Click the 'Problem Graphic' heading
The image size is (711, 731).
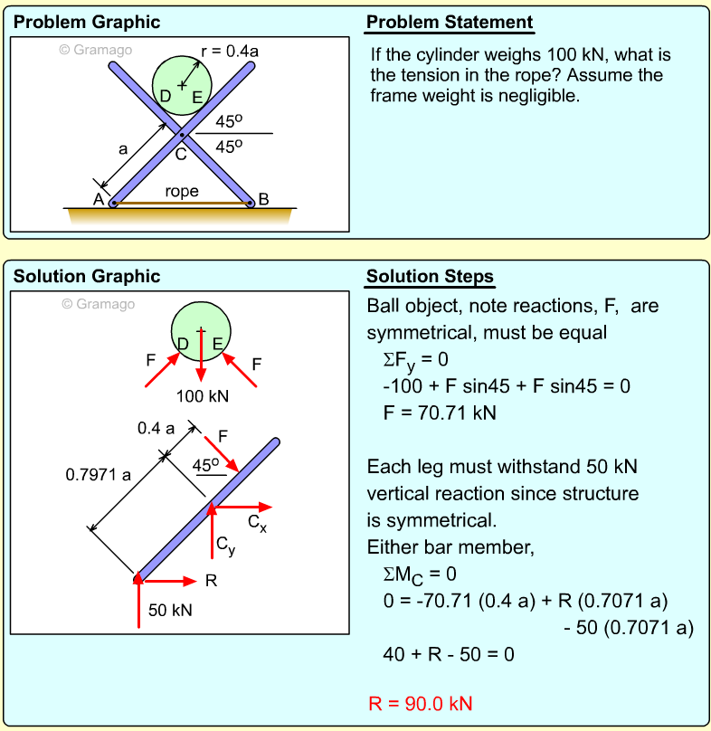pyautogui.click(x=87, y=23)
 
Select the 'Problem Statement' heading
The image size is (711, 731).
pyautogui.click(x=450, y=23)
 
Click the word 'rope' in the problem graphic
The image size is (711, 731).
pyautogui.click(x=182, y=192)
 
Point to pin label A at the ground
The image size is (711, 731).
pyautogui.click(x=99, y=199)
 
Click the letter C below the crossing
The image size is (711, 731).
pyautogui.click(x=181, y=154)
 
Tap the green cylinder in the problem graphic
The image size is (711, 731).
pyautogui.click(x=182, y=72)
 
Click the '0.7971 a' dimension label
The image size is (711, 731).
pyautogui.click(x=99, y=473)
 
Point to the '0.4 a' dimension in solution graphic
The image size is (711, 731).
pyautogui.click(x=156, y=428)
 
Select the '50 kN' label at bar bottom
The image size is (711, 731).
pyautogui.click(x=170, y=610)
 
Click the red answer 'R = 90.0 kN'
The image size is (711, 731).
pyautogui.click(x=421, y=704)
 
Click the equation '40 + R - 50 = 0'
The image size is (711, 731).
pyautogui.click(x=449, y=654)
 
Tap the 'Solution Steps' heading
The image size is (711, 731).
pyautogui.click(x=430, y=276)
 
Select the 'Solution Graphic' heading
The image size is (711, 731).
pyautogui.click(x=87, y=276)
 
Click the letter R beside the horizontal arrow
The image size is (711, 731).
pyautogui.click(x=211, y=581)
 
